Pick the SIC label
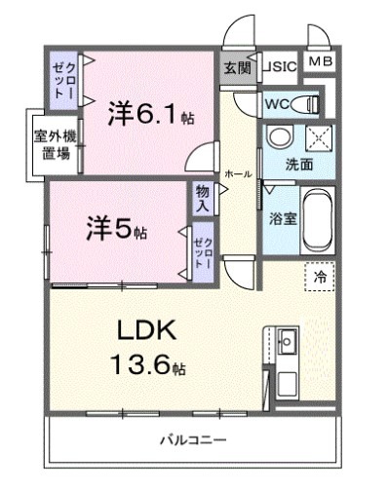tap(281, 67)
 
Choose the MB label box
tap(320, 62)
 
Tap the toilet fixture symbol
tap(307, 102)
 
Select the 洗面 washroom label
tap(299, 165)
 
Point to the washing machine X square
tap(318, 138)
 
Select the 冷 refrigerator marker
tap(321, 278)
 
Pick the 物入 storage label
tap(203, 199)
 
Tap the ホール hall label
tap(238, 173)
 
